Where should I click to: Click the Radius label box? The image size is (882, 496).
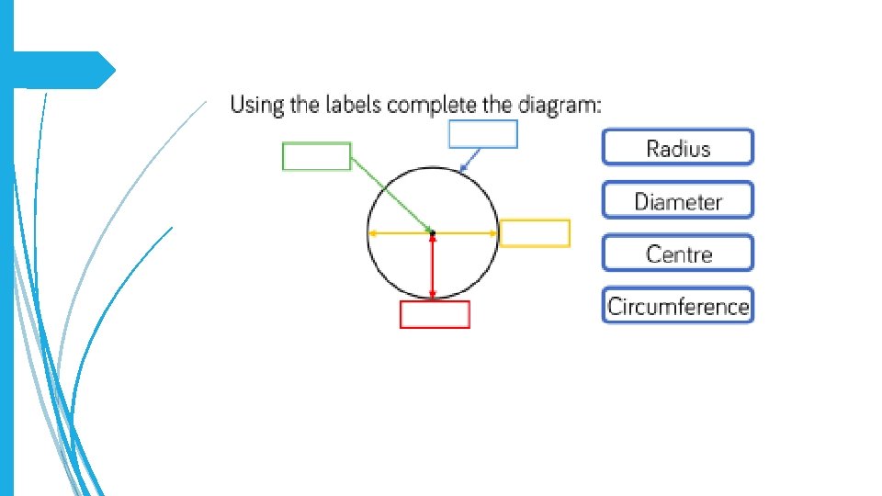[678, 148]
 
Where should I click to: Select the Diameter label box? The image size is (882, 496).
[678, 200]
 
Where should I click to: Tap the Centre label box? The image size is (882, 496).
[678, 254]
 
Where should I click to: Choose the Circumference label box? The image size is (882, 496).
[678, 306]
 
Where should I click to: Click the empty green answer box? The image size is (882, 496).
[316, 156]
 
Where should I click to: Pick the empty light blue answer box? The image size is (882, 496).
[482, 134]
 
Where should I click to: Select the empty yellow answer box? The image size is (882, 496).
[535, 233]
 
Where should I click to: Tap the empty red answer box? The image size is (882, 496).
[435, 314]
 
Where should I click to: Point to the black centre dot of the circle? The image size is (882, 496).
[433, 233]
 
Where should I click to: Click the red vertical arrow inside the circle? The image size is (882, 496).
[433, 266]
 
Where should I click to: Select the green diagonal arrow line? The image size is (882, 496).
[390, 194]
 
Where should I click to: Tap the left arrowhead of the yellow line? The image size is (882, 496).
[371, 233]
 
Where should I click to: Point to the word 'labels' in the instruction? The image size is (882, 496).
[351, 105]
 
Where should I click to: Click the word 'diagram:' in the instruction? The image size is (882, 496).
[560, 105]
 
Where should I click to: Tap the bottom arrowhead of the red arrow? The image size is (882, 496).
[433, 295]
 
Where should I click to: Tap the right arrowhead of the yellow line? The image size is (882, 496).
[495, 233]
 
